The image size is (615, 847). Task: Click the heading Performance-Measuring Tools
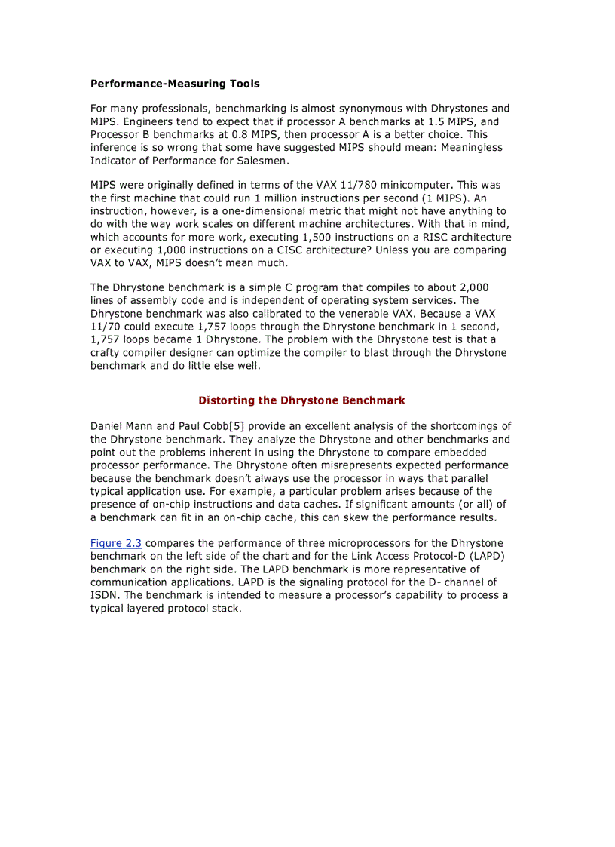tap(175, 84)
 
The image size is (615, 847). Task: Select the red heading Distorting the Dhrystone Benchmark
tap(301, 400)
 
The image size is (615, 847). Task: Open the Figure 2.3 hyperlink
tap(116, 543)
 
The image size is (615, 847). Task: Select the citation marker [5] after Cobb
tap(234, 426)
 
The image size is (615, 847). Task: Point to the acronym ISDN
tap(103, 595)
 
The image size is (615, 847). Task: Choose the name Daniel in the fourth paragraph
tap(108, 426)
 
